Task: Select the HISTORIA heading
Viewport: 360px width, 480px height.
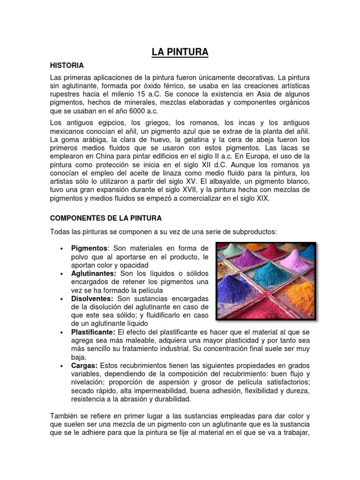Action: [x=67, y=65]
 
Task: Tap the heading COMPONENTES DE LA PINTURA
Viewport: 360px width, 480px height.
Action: [x=106, y=218]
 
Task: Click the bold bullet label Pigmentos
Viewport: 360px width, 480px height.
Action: [x=90, y=247]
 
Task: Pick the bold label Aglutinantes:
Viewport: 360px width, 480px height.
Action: [x=94, y=273]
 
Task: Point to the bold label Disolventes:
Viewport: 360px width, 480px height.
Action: [x=92, y=298]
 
